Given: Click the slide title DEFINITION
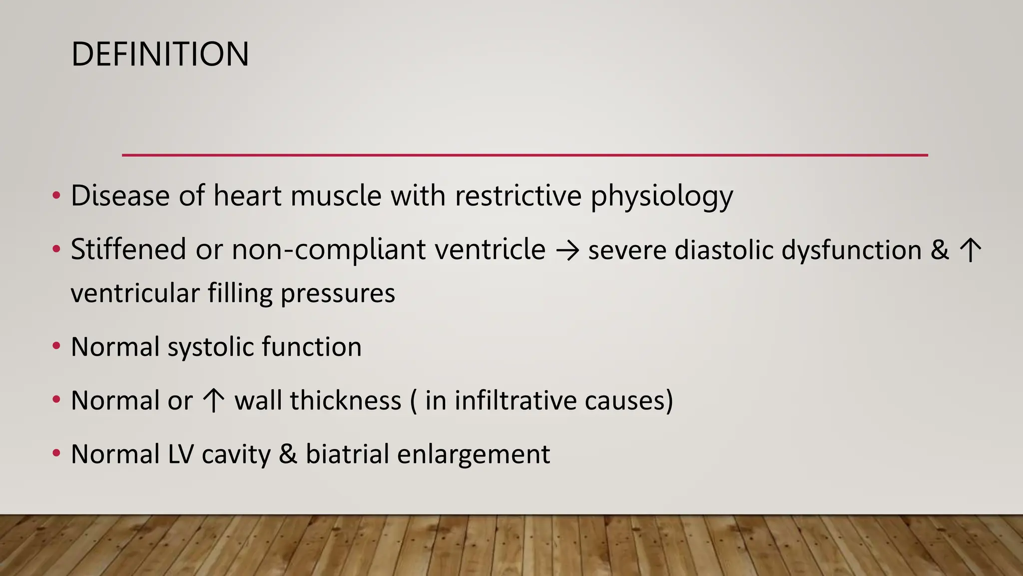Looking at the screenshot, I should click(x=160, y=54).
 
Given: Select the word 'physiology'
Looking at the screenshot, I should click(x=661, y=196).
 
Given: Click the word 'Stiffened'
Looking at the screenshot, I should click(x=128, y=249).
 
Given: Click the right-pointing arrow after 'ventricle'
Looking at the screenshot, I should click(x=567, y=250).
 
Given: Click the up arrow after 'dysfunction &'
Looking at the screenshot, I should click(x=971, y=250).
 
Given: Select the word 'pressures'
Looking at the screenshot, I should click(x=338, y=293).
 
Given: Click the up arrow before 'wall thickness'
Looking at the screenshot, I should click(x=213, y=401).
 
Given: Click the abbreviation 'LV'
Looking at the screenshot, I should click(x=180, y=454).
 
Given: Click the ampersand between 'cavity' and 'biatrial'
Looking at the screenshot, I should click(x=288, y=454).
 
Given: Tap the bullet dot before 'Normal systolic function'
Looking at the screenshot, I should click(x=56, y=346).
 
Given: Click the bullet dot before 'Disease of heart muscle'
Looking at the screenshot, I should click(x=56, y=194).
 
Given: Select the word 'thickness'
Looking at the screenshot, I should click(x=345, y=400).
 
